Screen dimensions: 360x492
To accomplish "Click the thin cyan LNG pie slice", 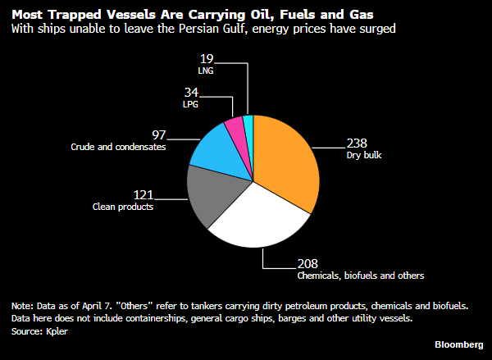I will click(x=248, y=125).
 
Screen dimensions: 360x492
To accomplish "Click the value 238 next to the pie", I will click(x=358, y=141).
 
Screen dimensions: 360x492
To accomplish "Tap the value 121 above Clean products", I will click(x=143, y=194).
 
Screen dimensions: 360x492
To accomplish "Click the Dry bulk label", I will click(x=363, y=154).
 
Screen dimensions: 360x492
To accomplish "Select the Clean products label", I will click(x=123, y=207).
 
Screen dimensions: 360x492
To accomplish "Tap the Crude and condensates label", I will click(x=118, y=147).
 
